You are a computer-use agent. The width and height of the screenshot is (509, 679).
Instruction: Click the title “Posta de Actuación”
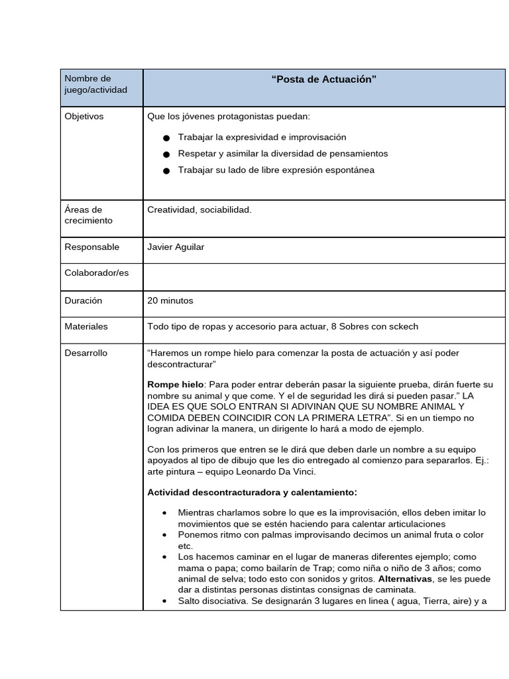coord(323,80)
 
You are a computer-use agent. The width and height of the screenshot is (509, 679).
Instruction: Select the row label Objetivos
coord(84,117)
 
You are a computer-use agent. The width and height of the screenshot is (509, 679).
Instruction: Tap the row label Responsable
coord(92,247)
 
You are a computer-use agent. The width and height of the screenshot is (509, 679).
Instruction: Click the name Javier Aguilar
coord(176,247)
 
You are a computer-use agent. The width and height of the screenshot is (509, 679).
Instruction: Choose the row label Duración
coord(84,300)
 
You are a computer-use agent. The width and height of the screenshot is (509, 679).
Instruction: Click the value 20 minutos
coord(170,300)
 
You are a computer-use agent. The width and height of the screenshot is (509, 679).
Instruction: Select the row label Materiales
coord(86,327)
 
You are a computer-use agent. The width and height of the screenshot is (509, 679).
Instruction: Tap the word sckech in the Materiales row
coord(403,327)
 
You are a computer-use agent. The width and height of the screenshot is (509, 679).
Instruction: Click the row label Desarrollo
coord(85,353)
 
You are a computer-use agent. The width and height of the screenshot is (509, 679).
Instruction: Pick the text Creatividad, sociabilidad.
coord(199,210)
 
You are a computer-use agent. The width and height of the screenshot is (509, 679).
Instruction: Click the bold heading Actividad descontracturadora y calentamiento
coord(252,492)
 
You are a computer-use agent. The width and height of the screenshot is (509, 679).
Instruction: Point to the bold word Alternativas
coord(405,579)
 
